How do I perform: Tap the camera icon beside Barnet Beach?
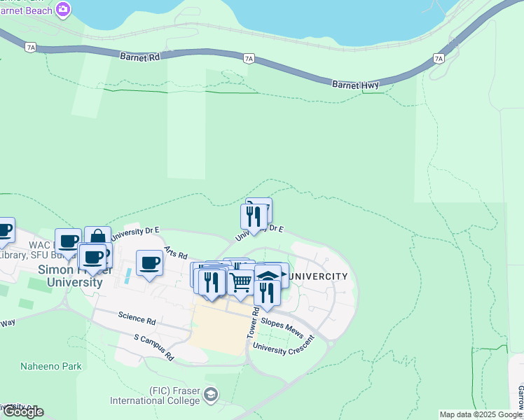[63, 9]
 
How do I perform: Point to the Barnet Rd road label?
[140, 57]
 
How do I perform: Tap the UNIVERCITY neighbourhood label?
[319, 276]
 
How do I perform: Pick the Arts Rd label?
[176, 253]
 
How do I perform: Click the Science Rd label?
[137, 320]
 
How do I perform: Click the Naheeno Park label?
[50, 366]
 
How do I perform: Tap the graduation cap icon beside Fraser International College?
[210, 395]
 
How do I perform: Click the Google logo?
[22, 412]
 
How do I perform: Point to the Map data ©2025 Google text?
[481, 414]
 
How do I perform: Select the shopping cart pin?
[241, 282]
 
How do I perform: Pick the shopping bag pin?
[97, 238]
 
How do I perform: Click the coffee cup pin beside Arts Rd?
[149, 263]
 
